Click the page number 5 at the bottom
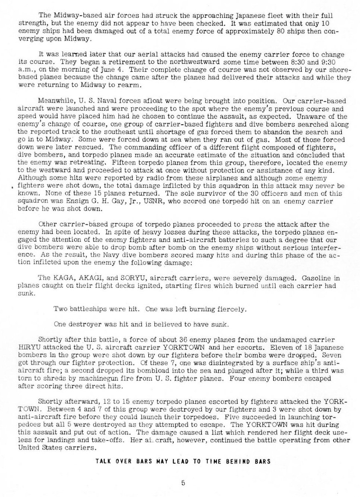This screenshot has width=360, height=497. pos(183,483)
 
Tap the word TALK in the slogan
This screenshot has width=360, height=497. pos(102,461)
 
